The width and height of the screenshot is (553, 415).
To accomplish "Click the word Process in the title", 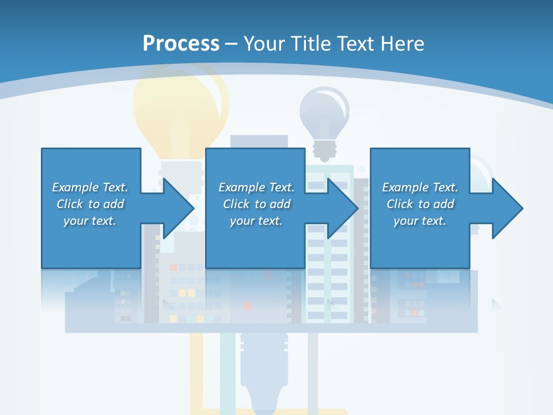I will pyautogui.click(x=181, y=43).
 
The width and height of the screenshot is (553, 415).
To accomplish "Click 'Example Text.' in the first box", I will pyautogui.click(x=90, y=187).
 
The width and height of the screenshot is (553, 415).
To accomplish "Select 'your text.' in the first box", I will pyautogui.click(x=90, y=221).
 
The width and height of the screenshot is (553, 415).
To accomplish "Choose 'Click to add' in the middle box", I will pyautogui.click(x=256, y=204).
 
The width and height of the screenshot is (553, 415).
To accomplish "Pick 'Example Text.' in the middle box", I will pyautogui.click(x=256, y=187).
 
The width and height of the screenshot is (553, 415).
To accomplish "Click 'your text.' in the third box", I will pyautogui.click(x=420, y=221).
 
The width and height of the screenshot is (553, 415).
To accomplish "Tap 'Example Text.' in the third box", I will pyautogui.click(x=420, y=187).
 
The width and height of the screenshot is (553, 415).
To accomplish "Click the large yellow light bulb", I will pyautogui.click(x=180, y=104).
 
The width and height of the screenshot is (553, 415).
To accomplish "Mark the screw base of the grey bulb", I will pyautogui.click(x=324, y=150).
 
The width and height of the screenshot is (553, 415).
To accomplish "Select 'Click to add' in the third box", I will pyautogui.click(x=420, y=204).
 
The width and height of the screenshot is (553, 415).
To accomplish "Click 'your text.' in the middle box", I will pyautogui.click(x=256, y=221).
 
